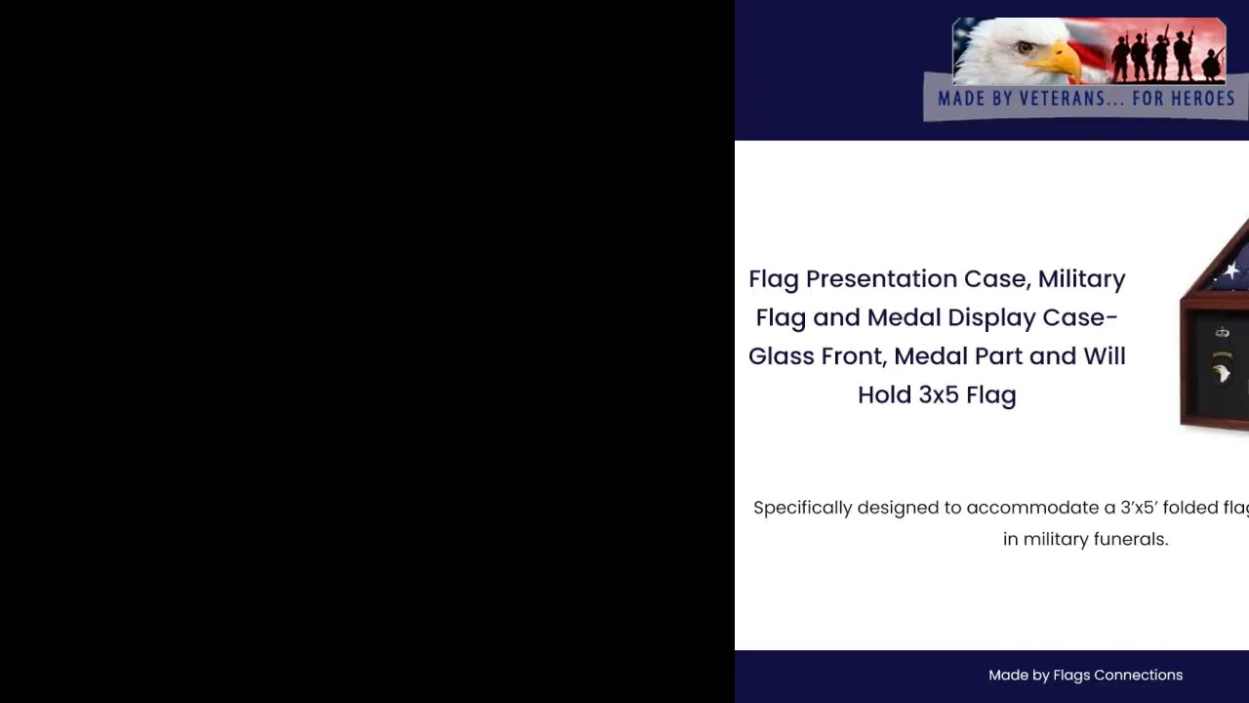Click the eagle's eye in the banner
click(1024, 46)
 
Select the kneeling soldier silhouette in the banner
click(1213, 66)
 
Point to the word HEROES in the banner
click(1198, 99)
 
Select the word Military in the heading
click(1081, 279)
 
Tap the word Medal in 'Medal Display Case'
click(903, 317)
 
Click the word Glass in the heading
click(781, 356)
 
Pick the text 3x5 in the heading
click(939, 394)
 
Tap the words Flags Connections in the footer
click(1117, 675)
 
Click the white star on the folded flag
click(1232, 271)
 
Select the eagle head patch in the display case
click(1222, 374)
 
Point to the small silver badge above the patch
click(1222, 333)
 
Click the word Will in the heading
click(1104, 356)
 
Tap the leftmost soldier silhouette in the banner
click(1120, 59)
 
